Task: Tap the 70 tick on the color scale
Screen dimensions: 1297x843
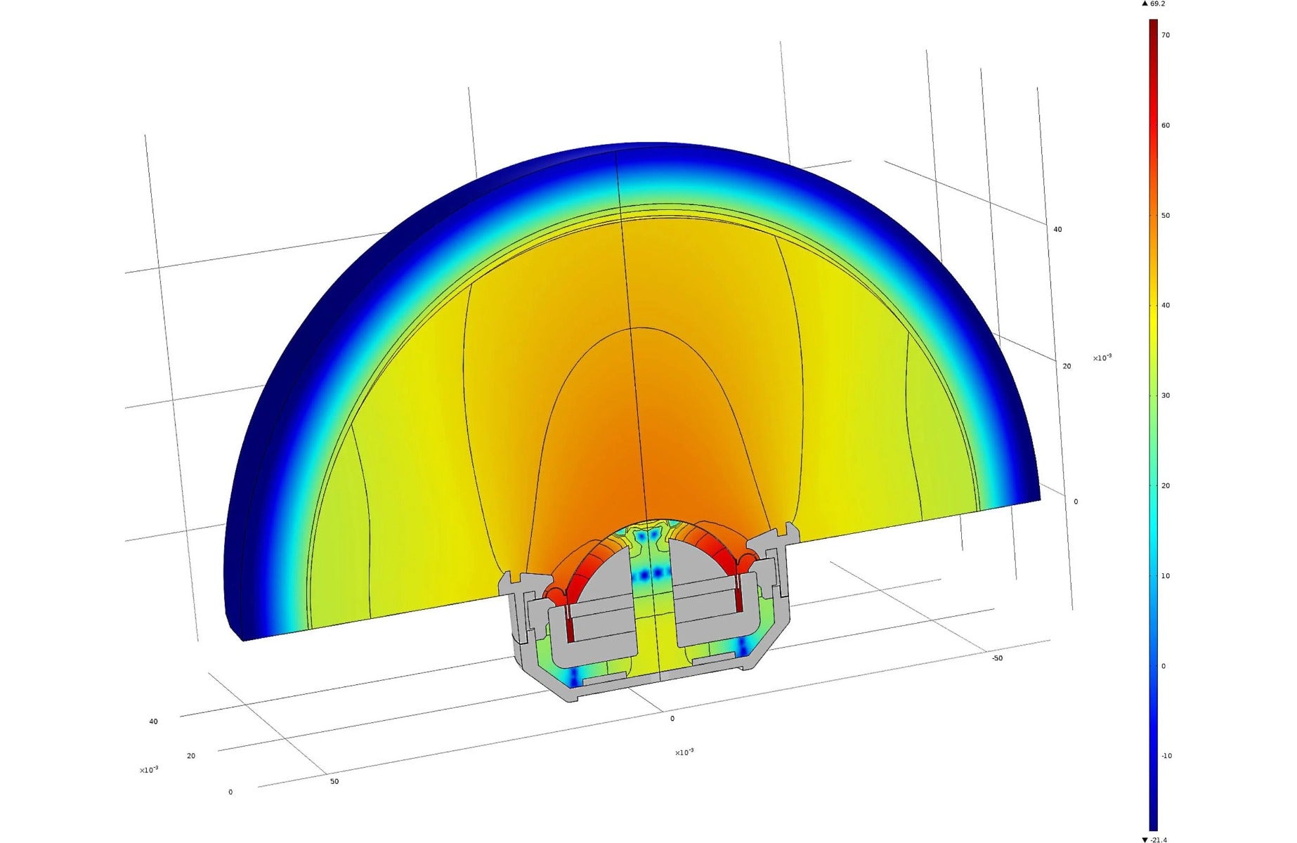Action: [1166, 35]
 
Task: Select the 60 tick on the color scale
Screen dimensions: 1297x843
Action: [1166, 126]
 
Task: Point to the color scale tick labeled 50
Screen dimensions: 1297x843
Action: [1166, 216]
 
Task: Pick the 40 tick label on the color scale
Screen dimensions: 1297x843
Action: [1166, 306]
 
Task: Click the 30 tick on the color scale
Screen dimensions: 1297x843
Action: [1166, 396]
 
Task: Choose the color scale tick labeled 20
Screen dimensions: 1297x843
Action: [1166, 485]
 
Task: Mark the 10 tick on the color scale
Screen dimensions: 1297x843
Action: [1166, 576]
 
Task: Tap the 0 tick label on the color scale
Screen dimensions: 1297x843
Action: [1164, 666]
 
